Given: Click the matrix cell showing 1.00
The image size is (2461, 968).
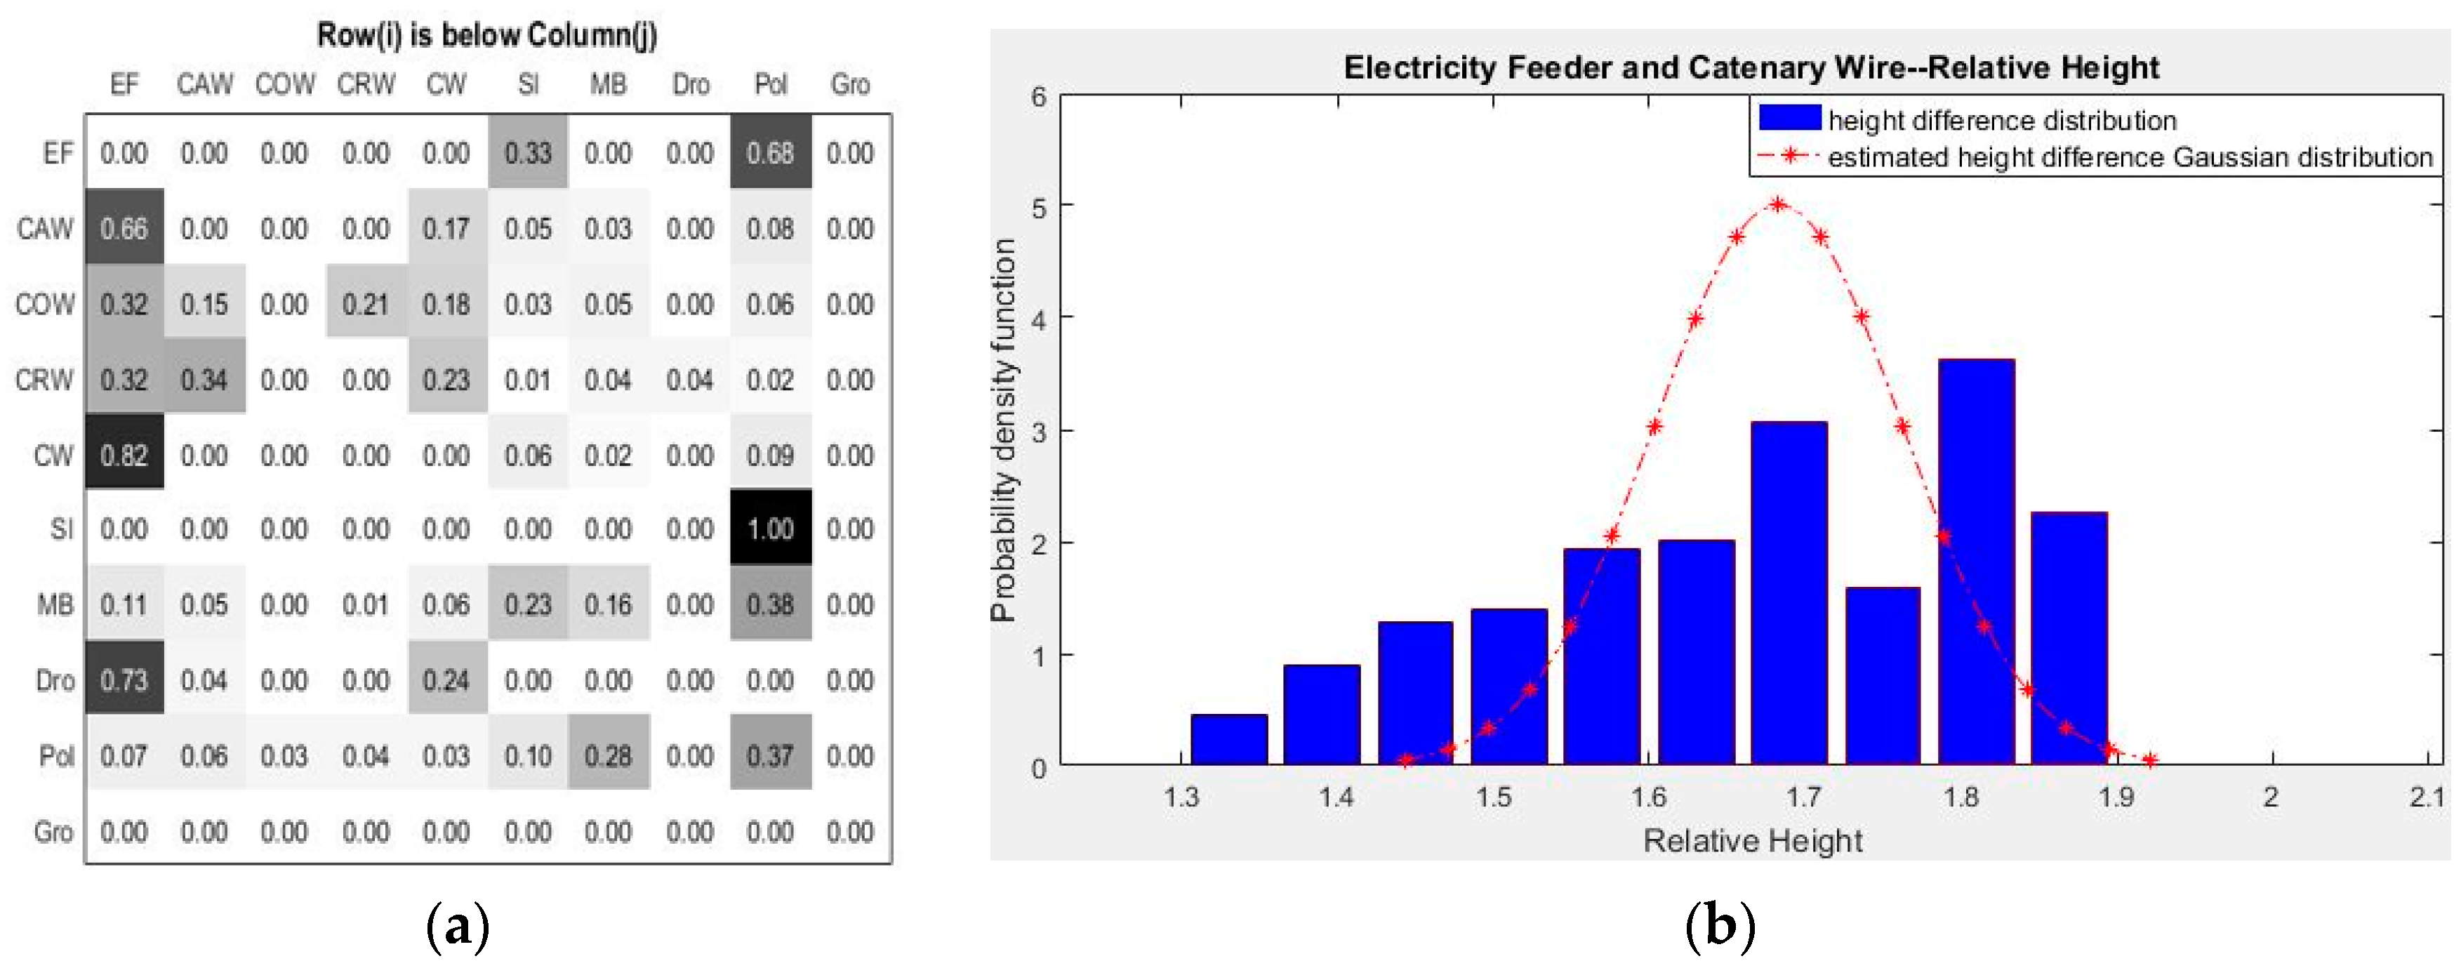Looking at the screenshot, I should tap(770, 529).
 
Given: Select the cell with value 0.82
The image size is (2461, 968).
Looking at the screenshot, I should tap(124, 454).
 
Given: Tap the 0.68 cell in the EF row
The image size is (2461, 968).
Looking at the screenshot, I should tap(770, 153).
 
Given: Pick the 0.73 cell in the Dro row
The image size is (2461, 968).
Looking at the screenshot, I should tap(124, 679).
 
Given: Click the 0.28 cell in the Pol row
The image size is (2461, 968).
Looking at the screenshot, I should tap(609, 755).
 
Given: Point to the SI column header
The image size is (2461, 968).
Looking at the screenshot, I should tap(529, 84).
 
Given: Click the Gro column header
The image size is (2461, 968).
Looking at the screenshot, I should tap(849, 84).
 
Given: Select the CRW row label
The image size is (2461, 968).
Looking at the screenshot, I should tap(44, 379).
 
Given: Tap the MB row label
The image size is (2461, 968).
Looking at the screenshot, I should tap(55, 604).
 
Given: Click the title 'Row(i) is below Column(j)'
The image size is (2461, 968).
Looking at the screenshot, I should tap(486, 34).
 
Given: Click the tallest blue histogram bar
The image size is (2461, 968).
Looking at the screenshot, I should tap(1976, 562).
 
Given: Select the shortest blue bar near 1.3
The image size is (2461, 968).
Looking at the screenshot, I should tap(1228, 740).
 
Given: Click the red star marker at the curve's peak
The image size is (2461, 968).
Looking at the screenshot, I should tap(1777, 204).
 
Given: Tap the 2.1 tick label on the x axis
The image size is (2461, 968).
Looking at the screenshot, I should tap(2427, 796).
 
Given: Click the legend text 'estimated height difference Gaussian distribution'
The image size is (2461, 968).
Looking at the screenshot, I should tap(2130, 157).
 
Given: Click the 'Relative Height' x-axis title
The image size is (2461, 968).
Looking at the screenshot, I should tap(1752, 840).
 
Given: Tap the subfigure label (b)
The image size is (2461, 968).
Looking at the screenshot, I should tap(1720, 925).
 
